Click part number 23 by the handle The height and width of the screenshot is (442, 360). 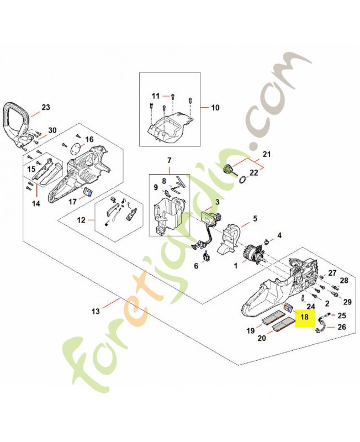click(x=45, y=107)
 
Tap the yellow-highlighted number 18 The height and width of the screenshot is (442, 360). click(x=304, y=317)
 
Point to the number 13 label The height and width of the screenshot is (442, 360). click(x=96, y=312)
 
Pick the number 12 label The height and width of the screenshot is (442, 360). click(x=81, y=220)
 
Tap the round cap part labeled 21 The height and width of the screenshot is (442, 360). click(x=226, y=170)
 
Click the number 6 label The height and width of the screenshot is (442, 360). click(x=195, y=266)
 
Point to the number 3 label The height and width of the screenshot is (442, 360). click(x=217, y=202)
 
